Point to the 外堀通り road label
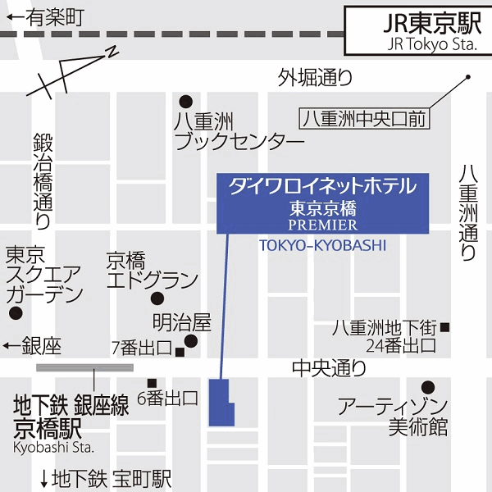pyautogui.click(x=315, y=78)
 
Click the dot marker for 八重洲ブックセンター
pyautogui.click(x=186, y=102)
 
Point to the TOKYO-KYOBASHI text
pyautogui.click(x=321, y=246)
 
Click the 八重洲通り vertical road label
pyautogui.click(x=468, y=212)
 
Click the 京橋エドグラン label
pyautogui.click(x=152, y=271)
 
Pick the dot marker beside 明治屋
pyautogui.click(x=191, y=340)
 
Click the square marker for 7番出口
pyautogui.click(x=180, y=353)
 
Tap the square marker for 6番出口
pyautogui.click(x=152, y=383)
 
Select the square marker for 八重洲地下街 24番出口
pyautogui.click(x=445, y=328)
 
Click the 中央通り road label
pyautogui.click(x=329, y=369)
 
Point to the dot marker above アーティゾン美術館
pyautogui.click(x=427, y=387)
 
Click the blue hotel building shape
pyautogui.click(x=221, y=403)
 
